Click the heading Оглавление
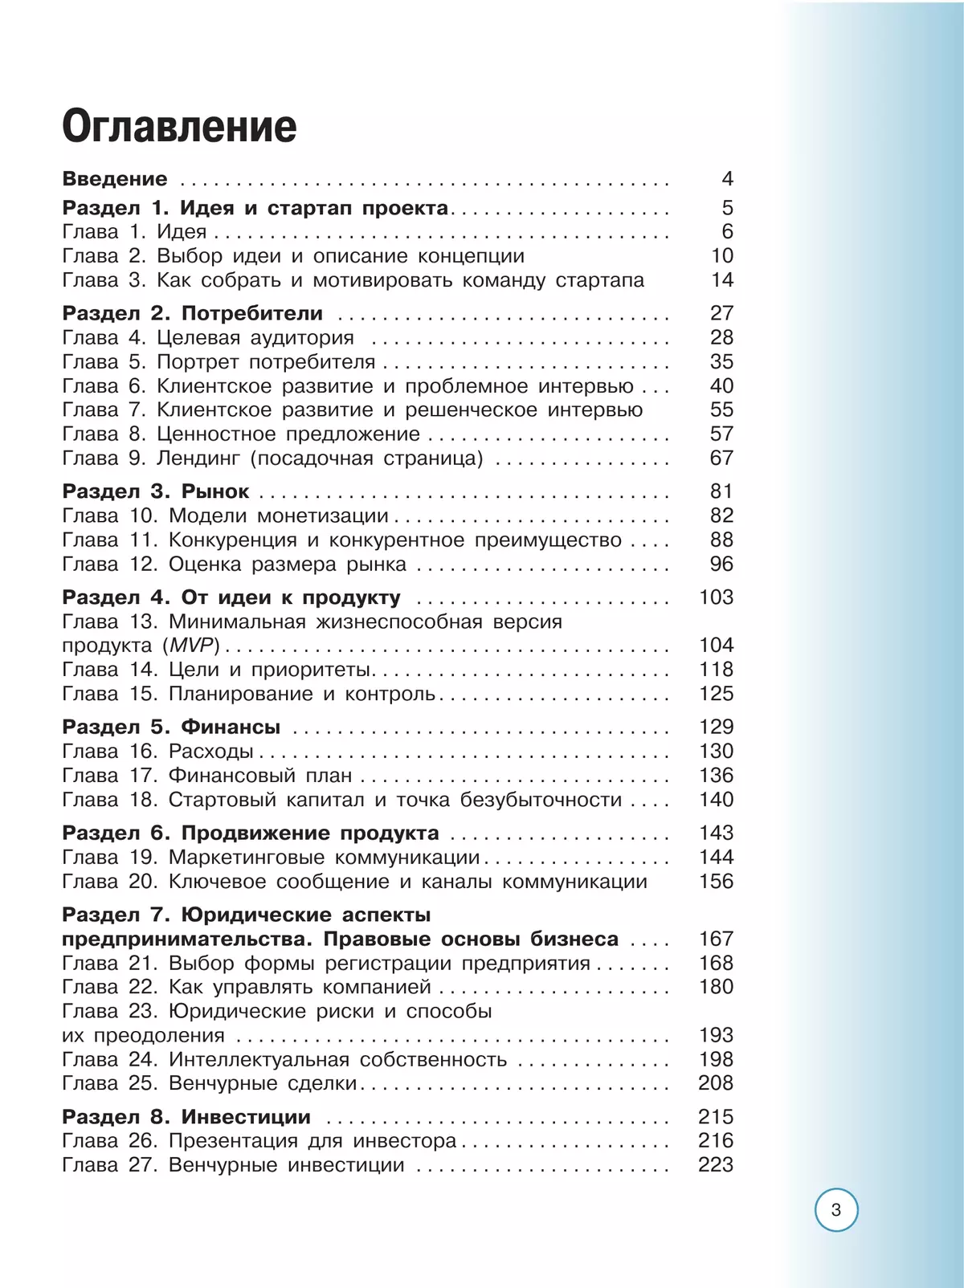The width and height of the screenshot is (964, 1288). pyautogui.click(x=179, y=128)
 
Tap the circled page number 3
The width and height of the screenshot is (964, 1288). pyautogui.click(x=836, y=1210)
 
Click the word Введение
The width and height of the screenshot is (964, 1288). pyautogui.click(x=115, y=179)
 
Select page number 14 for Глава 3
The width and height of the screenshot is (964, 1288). pyautogui.click(x=722, y=280)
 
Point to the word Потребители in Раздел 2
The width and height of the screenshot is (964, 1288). pyautogui.click(x=252, y=313)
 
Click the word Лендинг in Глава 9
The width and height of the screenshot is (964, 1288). pyautogui.click(x=198, y=459)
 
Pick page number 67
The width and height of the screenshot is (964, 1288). pyautogui.click(x=721, y=459)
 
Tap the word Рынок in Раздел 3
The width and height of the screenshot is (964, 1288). pyautogui.click(x=215, y=491)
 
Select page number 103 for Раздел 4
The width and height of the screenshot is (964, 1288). pyautogui.click(x=716, y=597)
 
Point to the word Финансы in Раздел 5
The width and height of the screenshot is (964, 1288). pyautogui.click(x=231, y=728)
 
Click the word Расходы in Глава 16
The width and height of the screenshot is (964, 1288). pyautogui.click(x=210, y=752)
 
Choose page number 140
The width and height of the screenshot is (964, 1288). pyautogui.click(x=716, y=800)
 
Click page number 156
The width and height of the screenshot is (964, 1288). pyautogui.click(x=716, y=882)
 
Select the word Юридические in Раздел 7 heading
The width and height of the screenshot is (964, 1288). pyautogui.click(x=256, y=915)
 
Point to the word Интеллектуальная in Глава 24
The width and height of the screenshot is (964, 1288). pyautogui.click(x=259, y=1060)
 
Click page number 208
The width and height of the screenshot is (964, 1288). pyautogui.click(x=716, y=1083)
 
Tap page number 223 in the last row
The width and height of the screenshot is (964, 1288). pyautogui.click(x=716, y=1165)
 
